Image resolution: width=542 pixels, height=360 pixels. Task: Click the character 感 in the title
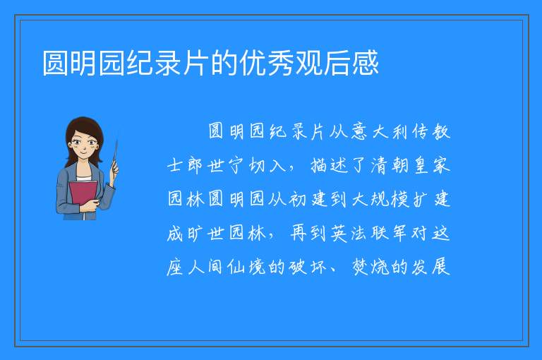[x=366, y=63]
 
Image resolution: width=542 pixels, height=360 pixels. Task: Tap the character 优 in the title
[x=253, y=63]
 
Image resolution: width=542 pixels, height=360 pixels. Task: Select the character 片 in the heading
[x=196, y=63]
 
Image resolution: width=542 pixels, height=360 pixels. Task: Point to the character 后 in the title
[x=337, y=63]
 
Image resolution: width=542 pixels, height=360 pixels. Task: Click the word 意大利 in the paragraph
[x=380, y=132]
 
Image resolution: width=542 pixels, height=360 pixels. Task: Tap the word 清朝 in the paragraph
[x=390, y=165]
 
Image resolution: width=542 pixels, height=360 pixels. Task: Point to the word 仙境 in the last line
[x=247, y=268]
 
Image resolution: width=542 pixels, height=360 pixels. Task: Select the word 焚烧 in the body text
[x=371, y=268]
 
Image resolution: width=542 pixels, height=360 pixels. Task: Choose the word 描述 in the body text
[x=329, y=165]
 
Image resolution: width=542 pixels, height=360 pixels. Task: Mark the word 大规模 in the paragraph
[x=380, y=200]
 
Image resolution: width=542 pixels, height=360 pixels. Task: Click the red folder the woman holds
[x=83, y=195]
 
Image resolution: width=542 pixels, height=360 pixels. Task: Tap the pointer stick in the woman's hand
[x=114, y=155]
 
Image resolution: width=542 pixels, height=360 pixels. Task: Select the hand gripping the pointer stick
[x=114, y=169]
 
